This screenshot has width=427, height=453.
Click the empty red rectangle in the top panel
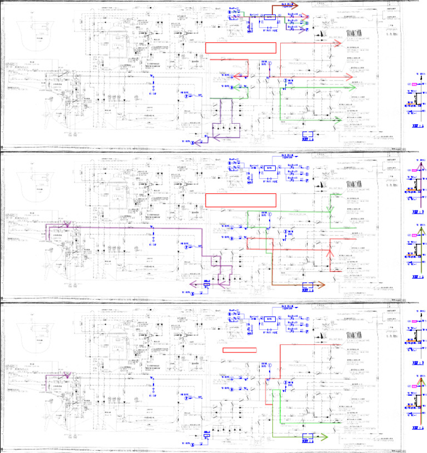click(x=241, y=48)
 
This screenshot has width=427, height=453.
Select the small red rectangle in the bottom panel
click(x=239, y=350)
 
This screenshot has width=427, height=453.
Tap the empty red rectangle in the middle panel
click(x=241, y=199)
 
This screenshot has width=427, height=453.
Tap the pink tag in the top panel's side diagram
click(x=414, y=85)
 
